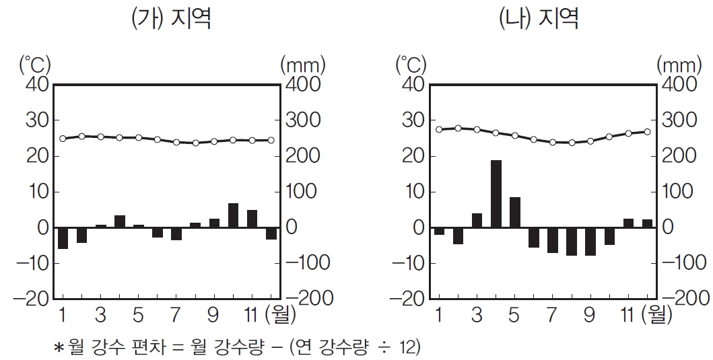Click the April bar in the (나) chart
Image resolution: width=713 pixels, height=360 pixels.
click(x=496, y=194)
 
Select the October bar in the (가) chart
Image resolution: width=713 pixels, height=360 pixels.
click(x=233, y=215)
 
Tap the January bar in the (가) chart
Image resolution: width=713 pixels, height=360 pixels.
click(x=63, y=238)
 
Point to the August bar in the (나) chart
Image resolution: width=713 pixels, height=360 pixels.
click(x=572, y=242)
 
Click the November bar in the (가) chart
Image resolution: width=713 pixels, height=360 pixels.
click(x=252, y=219)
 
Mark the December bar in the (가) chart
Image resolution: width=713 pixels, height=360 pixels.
click(x=271, y=233)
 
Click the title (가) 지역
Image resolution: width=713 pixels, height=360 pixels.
click(x=170, y=18)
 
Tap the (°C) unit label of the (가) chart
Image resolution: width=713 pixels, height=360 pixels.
click(x=34, y=65)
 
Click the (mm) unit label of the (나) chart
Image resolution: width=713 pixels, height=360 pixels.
click(x=678, y=65)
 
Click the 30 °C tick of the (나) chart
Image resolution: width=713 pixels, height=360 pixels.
click(x=413, y=121)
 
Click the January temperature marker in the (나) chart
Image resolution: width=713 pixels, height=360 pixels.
click(x=439, y=129)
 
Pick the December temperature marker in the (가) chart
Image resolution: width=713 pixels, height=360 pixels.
click(x=271, y=140)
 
